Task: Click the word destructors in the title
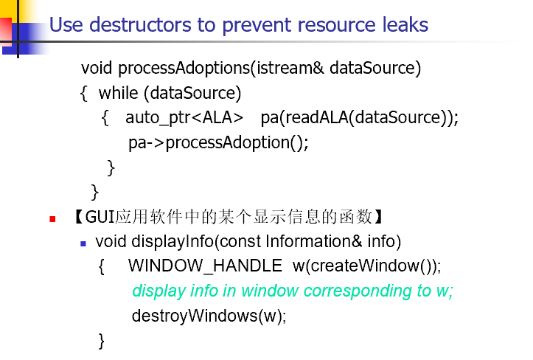(x=140, y=25)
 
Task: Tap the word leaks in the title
(x=405, y=25)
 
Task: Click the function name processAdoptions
(x=184, y=69)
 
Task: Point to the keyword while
(x=118, y=92)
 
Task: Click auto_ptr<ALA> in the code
(x=184, y=118)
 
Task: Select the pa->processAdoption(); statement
(x=218, y=142)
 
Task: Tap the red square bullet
(x=52, y=219)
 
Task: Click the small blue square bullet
(x=83, y=243)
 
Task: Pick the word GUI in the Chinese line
(x=100, y=217)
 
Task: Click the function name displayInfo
(x=173, y=241)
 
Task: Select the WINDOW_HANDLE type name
(x=205, y=266)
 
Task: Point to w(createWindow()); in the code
(x=367, y=266)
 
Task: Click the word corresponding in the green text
(x=358, y=291)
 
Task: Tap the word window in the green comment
(x=270, y=291)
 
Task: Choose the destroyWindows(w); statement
(x=209, y=316)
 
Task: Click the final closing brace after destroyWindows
(x=101, y=341)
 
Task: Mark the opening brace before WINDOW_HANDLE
(x=101, y=266)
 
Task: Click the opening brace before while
(x=83, y=94)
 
